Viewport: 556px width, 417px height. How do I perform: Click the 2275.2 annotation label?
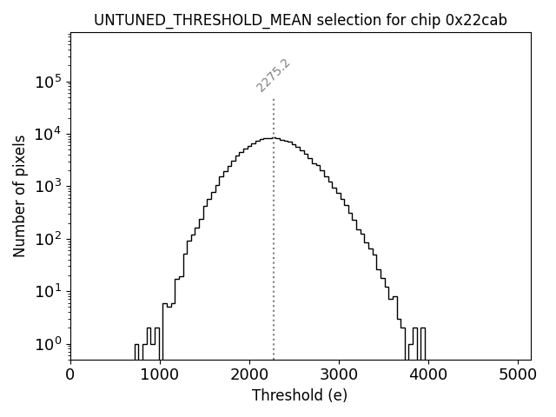(x=273, y=76)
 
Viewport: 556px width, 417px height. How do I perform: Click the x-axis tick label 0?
(x=70, y=375)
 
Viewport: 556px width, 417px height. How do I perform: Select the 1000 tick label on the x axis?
(x=160, y=375)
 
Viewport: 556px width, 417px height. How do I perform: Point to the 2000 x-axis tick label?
(x=249, y=375)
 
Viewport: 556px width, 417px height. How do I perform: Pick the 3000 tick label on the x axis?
(x=339, y=375)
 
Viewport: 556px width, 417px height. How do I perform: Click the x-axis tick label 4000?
(x=428, y=375)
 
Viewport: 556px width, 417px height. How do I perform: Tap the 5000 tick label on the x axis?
(x=518, y=375)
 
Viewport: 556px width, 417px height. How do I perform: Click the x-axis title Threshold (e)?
(x=300, y=395)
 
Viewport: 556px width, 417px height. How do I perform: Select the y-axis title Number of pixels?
(x=19, y=196)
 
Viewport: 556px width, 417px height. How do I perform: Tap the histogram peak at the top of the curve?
(x=274, y=138)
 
